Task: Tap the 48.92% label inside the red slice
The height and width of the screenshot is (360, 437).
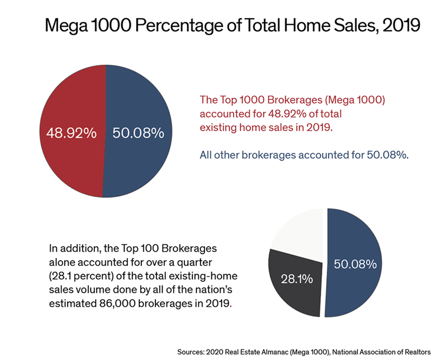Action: click(71, 133)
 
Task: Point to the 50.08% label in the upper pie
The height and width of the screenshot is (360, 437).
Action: click(138, 133)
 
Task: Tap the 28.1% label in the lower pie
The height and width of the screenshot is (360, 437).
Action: click(297, 280)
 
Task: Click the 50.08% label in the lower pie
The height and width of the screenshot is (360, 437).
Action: click(355, 264)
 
